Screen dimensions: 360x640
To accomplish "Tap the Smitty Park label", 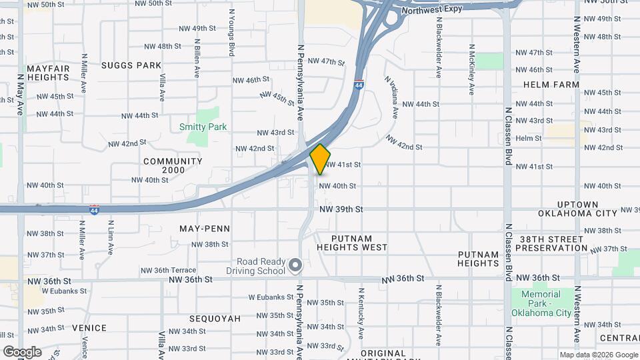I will (x=203, y=127).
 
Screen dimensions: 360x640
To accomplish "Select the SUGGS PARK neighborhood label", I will (x=131, y=65).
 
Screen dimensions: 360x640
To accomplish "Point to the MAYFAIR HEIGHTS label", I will (x=48, y=73).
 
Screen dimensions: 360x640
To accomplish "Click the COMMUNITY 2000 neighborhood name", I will (x=173, y=166).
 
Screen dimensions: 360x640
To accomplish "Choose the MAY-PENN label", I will (x=205, y=229).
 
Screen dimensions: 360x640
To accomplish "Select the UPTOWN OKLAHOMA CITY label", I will (x=578, y=209).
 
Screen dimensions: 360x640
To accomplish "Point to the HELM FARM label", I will (x=551, y=85).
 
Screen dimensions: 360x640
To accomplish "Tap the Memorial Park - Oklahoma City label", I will (x=541, y=303).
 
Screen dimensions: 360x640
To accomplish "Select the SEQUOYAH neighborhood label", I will (x=214, y=319).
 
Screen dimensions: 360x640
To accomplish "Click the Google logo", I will (x=22, y=352).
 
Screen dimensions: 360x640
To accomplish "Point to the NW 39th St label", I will (x=341, y=209).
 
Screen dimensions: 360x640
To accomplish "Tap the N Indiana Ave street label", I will (x=392, y=97).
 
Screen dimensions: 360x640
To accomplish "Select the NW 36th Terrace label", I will (x=168, y=271).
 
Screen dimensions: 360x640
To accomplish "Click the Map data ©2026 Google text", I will (x=598, y=355).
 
